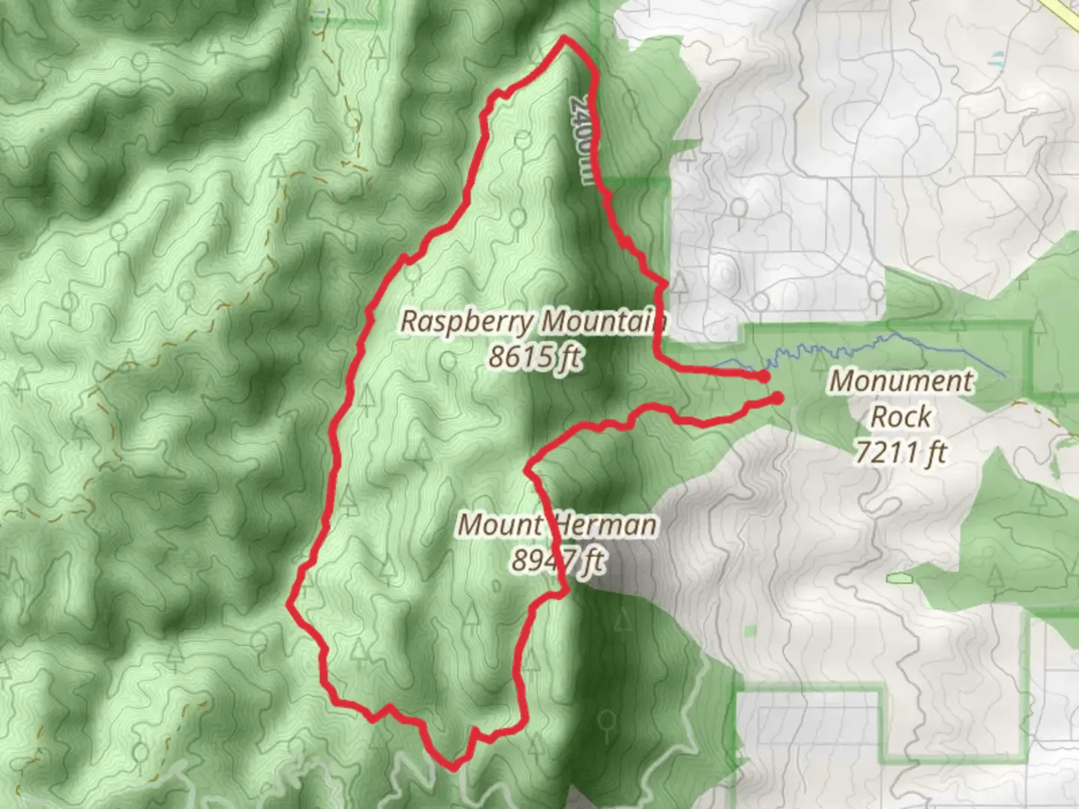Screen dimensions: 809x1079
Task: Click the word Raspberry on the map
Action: pos(468,321)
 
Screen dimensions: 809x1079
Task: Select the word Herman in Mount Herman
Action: pos(605,525)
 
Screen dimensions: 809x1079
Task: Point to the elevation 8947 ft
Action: pos(559,560)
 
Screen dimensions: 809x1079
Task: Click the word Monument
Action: pos(901,381)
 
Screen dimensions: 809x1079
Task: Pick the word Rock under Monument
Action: pos(901,416)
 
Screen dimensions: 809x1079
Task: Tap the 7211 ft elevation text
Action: pos(901,452)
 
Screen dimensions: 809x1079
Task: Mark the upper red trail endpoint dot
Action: pos(764,377)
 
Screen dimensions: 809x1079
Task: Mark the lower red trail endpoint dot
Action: pos(778,399)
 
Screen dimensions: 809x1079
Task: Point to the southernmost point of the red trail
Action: pos(453,766)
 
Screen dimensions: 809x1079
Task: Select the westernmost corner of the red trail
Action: pos(291,604)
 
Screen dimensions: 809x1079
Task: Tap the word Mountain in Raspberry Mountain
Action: pos(604,321)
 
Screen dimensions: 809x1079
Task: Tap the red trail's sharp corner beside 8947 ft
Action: pos(566,593)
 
